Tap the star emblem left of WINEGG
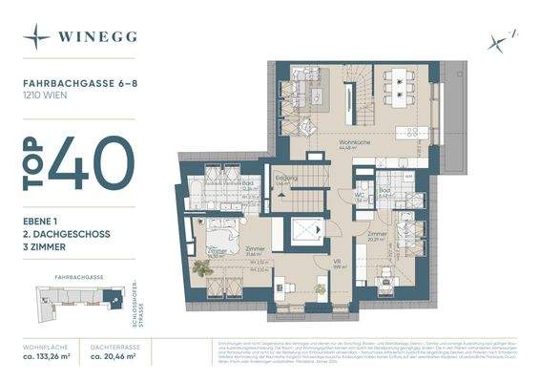(x=37, y=37)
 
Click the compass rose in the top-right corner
(x=497, y=40)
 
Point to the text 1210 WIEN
(x=50, y=96)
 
